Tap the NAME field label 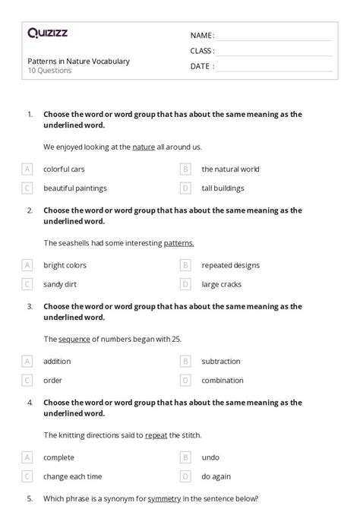click(202, 36)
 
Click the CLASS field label click(202, 51)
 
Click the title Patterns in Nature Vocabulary click(78, 61)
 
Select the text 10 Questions click(49, 71)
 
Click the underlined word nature click(144, 147)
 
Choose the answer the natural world click(230, 169)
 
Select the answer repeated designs click(230, 265)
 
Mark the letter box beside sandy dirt click(27, 284)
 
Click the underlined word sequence click(74, 339)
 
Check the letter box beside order click(27, 380)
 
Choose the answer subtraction click(221, 362)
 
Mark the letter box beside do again click(185, 476)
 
